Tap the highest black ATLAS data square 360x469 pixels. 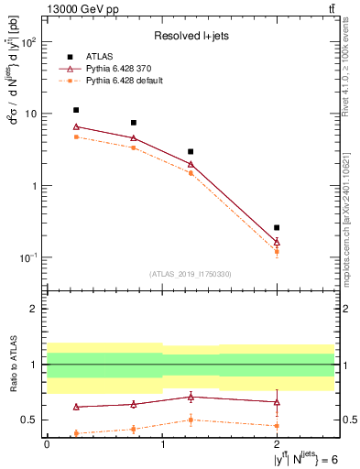coord(76,110)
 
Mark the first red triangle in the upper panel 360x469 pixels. coord(76,126)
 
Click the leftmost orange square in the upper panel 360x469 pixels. coord(76,136)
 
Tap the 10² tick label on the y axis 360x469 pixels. coord(29,43)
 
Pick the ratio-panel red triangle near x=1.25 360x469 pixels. coord(191,397)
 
